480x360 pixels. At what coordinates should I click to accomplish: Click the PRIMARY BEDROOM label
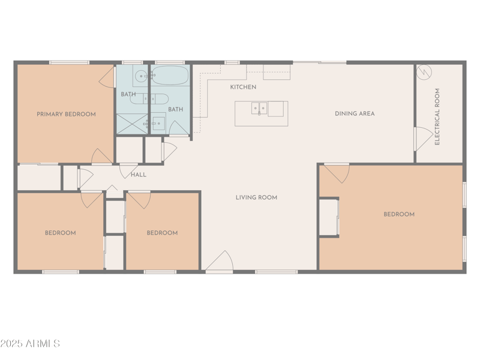pyautogui.click(x=66, y=114)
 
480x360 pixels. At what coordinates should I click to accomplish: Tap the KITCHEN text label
pyautogui.click(x=243, y=88)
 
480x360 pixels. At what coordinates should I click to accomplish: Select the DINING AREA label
pyautogui.click(x=355, y=113)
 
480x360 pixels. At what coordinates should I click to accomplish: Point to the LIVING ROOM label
pyautogui.click(x=256, y=197)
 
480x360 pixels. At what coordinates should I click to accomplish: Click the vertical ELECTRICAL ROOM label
pyautogui.click(x=437, y=117)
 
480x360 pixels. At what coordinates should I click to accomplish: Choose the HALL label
pyautogui.click(x=139, y=175)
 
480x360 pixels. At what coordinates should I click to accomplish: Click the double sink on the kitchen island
pyautogui.click(x=259, y=109)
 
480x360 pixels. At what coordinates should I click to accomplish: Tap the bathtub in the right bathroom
pyautogui.click(x=170, y=77)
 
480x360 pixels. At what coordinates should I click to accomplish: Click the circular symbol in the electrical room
pyautogui.click(x=424, y=71)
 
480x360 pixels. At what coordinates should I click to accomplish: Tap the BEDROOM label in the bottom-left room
pyautogui.click(x=61, y=233)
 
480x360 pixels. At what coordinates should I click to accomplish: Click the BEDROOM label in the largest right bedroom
pyautogui.click(x=399, y=214)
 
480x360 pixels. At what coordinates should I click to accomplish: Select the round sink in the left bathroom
pyautogui.click(x=140, y=76)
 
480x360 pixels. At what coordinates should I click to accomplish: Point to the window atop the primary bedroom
pyautogui.click(x=69, y=62)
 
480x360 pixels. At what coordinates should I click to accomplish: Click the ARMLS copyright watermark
pyautogui.click(x=30, y=344)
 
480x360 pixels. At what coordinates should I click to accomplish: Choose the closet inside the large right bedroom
pyautogui.click(x=328, y=217)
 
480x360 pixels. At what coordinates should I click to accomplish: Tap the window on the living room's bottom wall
pyautogui.click(x=276, y=272)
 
